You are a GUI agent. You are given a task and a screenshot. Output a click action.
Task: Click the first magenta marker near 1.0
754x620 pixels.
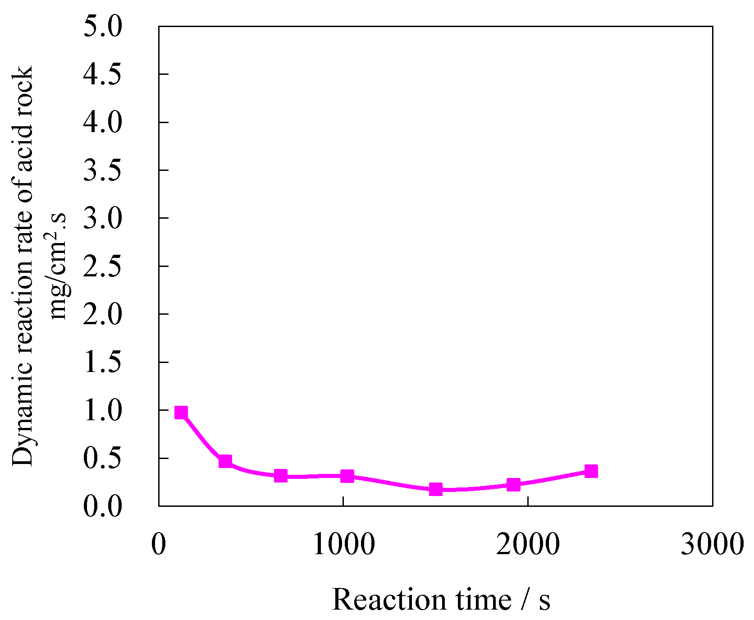coord(181,413)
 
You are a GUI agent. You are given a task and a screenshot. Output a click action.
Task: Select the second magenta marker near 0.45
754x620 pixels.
coord(225,461)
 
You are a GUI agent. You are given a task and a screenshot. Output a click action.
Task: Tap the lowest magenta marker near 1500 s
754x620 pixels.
coord(435,489)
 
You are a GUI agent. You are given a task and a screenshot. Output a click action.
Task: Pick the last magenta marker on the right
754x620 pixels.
coord(591,472)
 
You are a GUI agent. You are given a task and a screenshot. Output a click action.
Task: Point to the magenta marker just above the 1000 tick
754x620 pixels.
coord(347,476)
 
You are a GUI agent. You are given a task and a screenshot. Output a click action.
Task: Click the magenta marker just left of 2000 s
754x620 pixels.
coord(513,485)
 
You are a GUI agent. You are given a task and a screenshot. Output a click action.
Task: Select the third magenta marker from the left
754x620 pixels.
coord(281,476)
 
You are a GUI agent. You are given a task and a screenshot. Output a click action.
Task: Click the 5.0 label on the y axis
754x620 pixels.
coord(103,27)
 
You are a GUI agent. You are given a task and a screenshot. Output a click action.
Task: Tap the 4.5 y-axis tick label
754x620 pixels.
coord(103,74)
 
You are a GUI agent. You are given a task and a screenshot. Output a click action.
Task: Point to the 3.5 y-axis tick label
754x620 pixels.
coord(103,170)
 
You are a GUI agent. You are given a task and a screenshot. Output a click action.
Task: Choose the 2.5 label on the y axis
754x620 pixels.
coord(103,266)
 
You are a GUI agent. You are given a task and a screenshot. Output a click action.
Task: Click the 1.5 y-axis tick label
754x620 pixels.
coord(103,362)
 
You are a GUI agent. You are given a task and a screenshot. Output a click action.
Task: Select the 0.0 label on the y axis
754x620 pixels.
coord(103,506)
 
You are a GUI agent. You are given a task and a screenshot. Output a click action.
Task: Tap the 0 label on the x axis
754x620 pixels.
coord(159,544)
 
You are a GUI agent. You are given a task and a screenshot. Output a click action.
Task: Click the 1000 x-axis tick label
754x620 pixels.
coord(343,544)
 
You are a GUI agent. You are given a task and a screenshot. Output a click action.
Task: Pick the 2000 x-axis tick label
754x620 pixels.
coord(528,544)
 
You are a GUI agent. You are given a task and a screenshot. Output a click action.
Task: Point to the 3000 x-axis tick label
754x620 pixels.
coord(712,544)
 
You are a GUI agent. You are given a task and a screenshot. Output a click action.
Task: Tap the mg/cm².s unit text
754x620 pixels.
coord(58,266)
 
